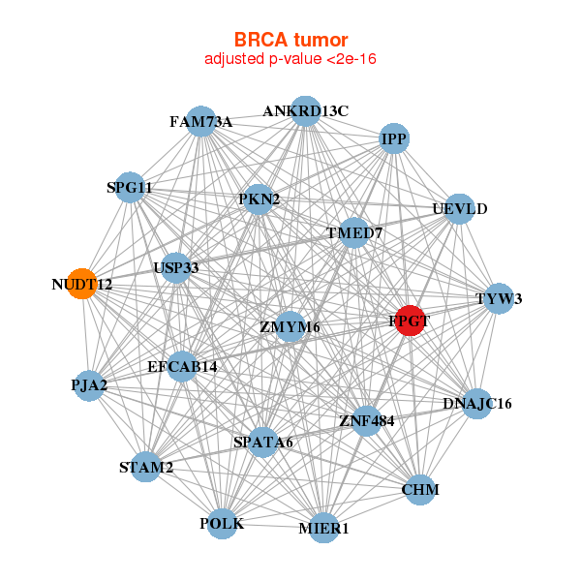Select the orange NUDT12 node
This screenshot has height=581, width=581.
pyautogui.click(x=82, y=285)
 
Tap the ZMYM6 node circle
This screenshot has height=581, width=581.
pyautogui.click(x=290, y=327)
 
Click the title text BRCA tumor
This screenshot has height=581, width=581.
pyautogui.click(x=290, y=40)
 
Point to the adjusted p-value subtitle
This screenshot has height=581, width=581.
pyautogui.click(x=290, y=59)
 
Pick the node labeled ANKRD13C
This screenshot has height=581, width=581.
pyautogui.click(x=305, y=110)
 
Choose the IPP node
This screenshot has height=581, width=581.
pyautogui.click(x=394, y=139)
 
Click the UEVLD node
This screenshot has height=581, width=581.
pyautogui.click(x=459, y=209)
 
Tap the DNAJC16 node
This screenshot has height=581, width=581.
pyautogui.click(x=476, y=403)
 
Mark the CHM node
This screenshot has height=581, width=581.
pyautogui.click(x=420, y=490)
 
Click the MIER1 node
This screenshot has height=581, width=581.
pyautogui.click(x=323, y=528)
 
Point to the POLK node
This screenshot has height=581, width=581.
pyautogui.click(x=222, y=524)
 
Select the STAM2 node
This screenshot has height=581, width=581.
pyautogui.click(x=146, y=468)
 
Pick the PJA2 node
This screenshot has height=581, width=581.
pyautogui.click(x=89, y=385)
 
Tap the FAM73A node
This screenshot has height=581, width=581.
pyautogui.click(x=200, y=122)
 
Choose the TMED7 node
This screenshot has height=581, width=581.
pyautogui.click(x=354, y=233)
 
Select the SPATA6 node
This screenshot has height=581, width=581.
pyautogui.click(x=263, y=443)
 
